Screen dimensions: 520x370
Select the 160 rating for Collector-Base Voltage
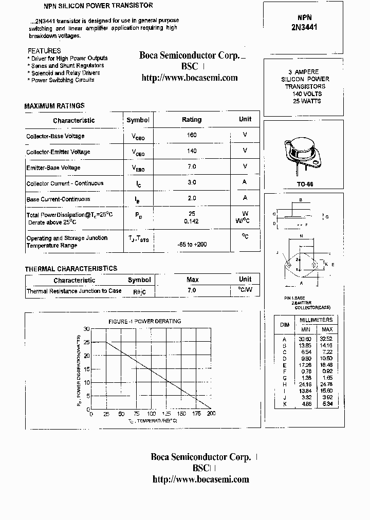coord(192,135)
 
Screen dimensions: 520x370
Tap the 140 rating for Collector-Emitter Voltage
coord(192,151)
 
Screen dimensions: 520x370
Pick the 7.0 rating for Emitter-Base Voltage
coord(192,166)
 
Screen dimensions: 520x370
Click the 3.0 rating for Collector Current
coord(192,182)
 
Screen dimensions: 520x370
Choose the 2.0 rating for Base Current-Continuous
coord(192,198)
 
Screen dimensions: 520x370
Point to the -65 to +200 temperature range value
coord(192,244)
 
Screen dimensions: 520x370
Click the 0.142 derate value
coord(192,221)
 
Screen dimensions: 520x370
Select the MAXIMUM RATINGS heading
coord(54,106)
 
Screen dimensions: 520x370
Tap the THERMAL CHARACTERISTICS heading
coord(71,269)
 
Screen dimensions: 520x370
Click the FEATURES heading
coord(44,51)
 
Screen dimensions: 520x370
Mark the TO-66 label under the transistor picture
coord(305,184)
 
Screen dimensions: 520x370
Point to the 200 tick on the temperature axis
coord(211,414)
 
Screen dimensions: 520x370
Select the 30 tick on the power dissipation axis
coord(86,328)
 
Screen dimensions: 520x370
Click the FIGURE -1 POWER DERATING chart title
coord(144,321)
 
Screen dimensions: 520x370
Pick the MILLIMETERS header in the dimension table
coord(316,320)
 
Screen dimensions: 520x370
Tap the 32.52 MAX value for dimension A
coord(327,339)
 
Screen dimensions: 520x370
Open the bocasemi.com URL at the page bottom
coord(201,479)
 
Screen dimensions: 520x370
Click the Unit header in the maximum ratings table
coord(245,119)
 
